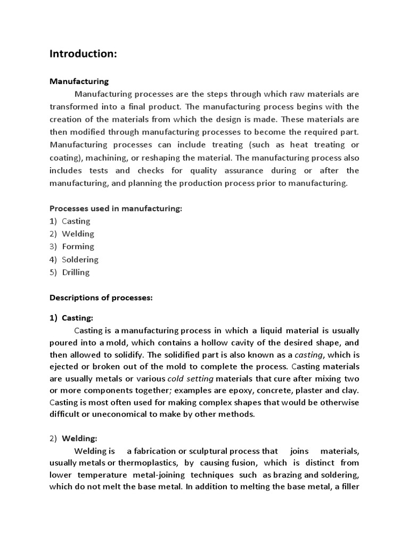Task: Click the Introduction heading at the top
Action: (83, 54)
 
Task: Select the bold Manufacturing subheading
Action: (79, 81)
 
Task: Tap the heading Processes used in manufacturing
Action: (116, 209)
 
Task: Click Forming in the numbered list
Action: (78, 246)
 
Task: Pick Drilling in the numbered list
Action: (76, 272)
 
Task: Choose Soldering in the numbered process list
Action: (80, 259)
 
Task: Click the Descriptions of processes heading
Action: (101, 298)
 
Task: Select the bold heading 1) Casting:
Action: (71, 318)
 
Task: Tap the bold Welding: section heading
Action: (79, 439)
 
